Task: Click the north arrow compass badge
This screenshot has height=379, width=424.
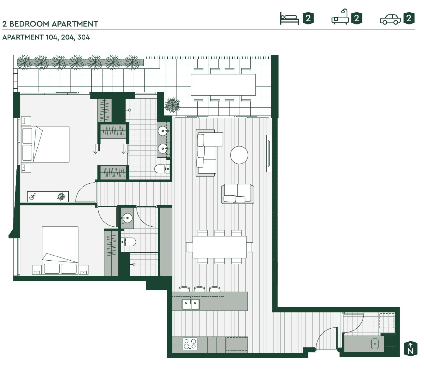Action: coord(410,348)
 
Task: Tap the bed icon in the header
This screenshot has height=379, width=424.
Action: coord(289,18)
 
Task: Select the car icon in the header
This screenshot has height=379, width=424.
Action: coord(390,19)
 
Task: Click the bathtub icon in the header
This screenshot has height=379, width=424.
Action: coord(340,18)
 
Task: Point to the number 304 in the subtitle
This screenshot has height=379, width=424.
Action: coord(83,37)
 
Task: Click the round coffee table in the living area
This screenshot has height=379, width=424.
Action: coord(239,155)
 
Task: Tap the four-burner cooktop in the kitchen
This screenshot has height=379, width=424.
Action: coord(190,344)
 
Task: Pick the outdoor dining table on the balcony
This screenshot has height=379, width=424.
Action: coord(223,85)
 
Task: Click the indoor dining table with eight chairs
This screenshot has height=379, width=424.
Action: coord(219,247)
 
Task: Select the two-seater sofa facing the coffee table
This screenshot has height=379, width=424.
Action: coord(237,194)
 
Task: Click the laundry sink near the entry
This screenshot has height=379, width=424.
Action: coord(374,344)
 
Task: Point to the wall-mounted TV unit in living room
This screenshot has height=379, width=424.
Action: coord(269,153)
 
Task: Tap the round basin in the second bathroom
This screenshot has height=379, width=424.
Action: coord(127,218)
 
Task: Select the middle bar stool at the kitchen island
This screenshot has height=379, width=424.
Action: coord(199,289)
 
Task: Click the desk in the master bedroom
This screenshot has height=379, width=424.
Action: coord(48,197)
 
